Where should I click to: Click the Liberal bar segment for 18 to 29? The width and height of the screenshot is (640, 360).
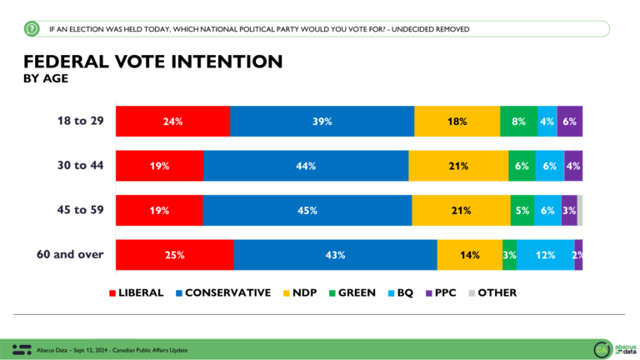point(172,122)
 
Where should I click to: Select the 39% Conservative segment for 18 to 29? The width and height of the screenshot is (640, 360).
point(322,122)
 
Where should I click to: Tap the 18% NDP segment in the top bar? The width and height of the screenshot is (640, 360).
point(457,122)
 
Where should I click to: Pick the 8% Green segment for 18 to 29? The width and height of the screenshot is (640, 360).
point(518,122)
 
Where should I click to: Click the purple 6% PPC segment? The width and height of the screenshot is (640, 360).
point(569,122)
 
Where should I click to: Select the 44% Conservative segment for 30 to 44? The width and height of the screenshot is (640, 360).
point(305,166)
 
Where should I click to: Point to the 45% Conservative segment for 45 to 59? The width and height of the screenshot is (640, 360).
point(307,210)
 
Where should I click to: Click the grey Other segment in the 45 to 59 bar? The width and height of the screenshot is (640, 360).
point(580,210)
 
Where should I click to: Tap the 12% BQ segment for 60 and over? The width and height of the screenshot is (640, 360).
point(545,255)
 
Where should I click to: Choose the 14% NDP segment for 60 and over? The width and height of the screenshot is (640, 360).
point(469,255)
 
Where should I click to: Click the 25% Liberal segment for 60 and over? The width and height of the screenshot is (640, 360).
point(174,255)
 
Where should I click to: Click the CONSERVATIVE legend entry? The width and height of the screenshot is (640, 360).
point(222,292)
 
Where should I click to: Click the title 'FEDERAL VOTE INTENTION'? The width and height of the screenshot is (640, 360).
point(152,62)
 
